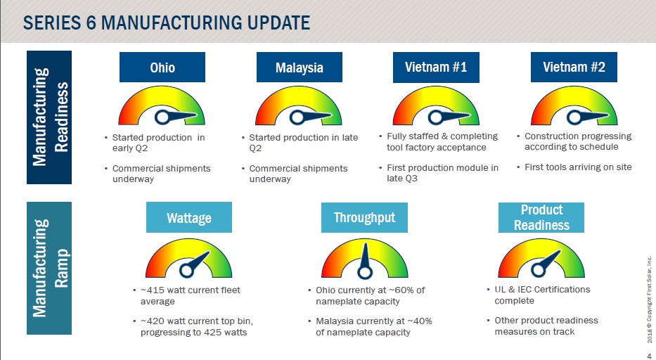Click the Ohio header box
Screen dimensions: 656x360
(162, 67)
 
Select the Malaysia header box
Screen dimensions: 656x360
(299, 67)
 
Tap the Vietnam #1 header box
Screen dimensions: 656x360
(436, 67)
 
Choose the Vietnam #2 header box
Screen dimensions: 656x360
(574, 67)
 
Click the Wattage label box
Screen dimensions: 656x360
(189, 217)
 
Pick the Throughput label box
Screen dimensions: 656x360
(364, 217)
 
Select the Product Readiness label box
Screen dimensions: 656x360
(541, 217)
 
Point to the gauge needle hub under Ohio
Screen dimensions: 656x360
(162, 117)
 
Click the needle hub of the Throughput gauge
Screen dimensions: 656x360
(365, 273)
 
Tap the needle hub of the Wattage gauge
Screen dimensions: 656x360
(186, 271)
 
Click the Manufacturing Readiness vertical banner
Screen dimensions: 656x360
(49, 117)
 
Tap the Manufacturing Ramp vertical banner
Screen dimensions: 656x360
(49, 268)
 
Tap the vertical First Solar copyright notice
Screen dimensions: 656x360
(649, 300)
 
